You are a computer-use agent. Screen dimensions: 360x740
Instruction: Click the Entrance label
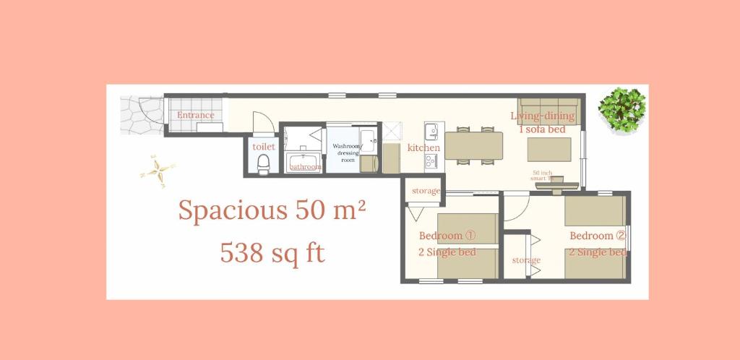pos(196,115)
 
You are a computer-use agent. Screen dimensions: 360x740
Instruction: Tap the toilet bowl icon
pos(263,163)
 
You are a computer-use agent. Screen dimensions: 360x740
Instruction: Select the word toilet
pos(263,146)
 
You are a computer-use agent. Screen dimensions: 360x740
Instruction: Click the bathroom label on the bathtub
pos(305,167)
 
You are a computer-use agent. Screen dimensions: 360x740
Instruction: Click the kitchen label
pos(423,147)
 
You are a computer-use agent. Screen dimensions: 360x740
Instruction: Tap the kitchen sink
pos(431,132)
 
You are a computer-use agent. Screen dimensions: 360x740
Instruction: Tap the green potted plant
pos(621,109)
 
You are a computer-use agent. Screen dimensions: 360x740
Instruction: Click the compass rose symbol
pos(158,171)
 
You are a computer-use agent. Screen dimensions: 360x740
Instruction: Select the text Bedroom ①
pos(447,236)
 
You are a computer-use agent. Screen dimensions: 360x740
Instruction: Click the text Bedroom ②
pos(597,236)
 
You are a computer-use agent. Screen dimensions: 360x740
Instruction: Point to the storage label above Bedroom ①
pos(426,191)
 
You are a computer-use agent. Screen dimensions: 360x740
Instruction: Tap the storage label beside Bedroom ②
pos(526,260)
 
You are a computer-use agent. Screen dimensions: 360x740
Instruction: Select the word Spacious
pos(233,210)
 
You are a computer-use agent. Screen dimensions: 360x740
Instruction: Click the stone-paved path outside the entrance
pos(141,115)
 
